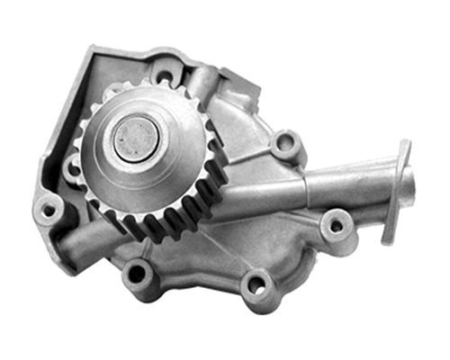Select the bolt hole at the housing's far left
tap(48, 209)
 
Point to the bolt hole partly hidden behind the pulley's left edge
tap(73, 164)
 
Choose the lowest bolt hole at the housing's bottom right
tap(256, 285)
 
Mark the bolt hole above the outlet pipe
tap(286, 142)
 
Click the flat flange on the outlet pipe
tap(396, 193)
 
